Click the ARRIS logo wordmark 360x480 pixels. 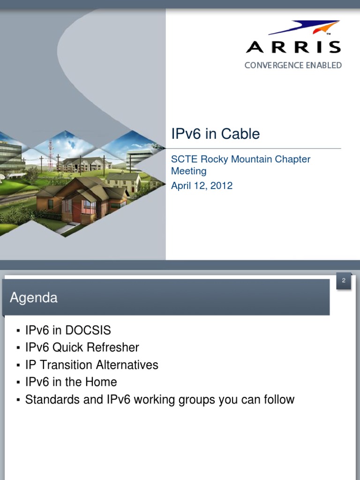[293, 47]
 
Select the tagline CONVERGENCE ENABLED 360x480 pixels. [293, 65]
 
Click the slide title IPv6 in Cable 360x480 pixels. [215, 134]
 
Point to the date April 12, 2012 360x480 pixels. [202, 186]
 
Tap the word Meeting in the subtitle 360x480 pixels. [188, 171]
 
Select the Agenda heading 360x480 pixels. [34, 298]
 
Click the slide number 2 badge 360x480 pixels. [344, 281]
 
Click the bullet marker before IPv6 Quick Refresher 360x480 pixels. [18, 348]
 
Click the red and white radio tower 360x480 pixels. [51, 155]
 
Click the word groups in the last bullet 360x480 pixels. [196, 400]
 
